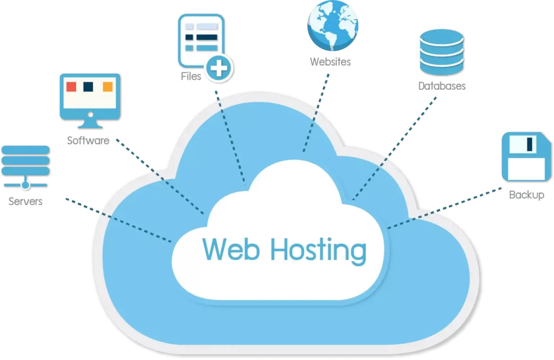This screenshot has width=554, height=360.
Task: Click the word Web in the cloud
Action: (231, 249)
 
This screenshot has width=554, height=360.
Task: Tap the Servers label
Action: (25, 202)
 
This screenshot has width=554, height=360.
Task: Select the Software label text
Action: (88, 140)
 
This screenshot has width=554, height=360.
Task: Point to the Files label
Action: (191, 76)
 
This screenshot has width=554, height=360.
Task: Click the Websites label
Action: (331, 62)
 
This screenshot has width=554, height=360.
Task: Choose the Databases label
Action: (442, 86)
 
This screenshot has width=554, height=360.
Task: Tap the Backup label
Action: (527, 195)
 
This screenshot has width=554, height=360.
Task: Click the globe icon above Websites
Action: (333, 25)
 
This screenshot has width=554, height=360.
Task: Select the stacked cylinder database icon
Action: (442, 52)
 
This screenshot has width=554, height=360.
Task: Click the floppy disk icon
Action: (527, 157)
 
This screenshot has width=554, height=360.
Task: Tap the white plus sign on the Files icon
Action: (219, 68)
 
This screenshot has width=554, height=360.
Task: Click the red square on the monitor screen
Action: (71, 86)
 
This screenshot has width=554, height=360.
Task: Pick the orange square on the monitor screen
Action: (108, 86)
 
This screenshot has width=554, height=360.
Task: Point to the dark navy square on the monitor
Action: (88, 86)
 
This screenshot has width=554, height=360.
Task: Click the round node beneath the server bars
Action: (25, 185)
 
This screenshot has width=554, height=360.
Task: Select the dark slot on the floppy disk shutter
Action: (530, 144)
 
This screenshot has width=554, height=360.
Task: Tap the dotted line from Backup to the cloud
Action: (444, 208)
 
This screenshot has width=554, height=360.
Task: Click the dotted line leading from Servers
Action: (118, 220)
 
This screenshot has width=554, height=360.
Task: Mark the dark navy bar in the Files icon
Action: (207, 37)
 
